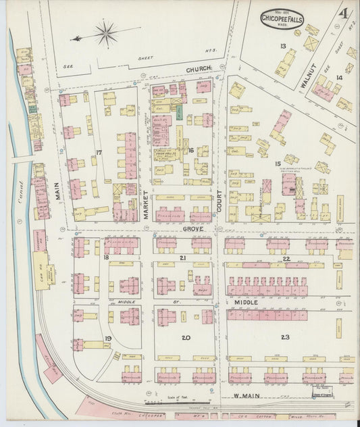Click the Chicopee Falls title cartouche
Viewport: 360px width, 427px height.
(282, 18)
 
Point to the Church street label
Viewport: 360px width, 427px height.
(200, 68)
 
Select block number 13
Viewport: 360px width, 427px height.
(283, 46)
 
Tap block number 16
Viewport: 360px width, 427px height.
(191, 150)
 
